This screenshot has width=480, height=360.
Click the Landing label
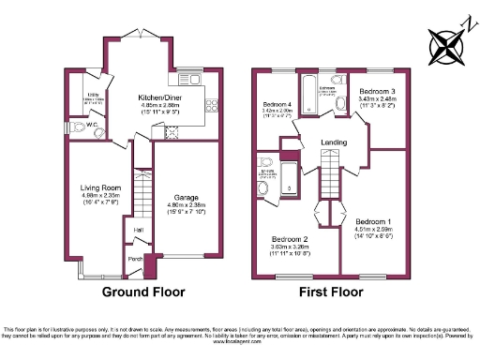click(x=334, y=142)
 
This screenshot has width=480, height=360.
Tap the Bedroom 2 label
click(x=291, y=239)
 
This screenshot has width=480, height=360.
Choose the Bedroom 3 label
click(x=377, y=91)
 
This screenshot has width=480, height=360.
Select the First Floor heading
click(x=331, y=292)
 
